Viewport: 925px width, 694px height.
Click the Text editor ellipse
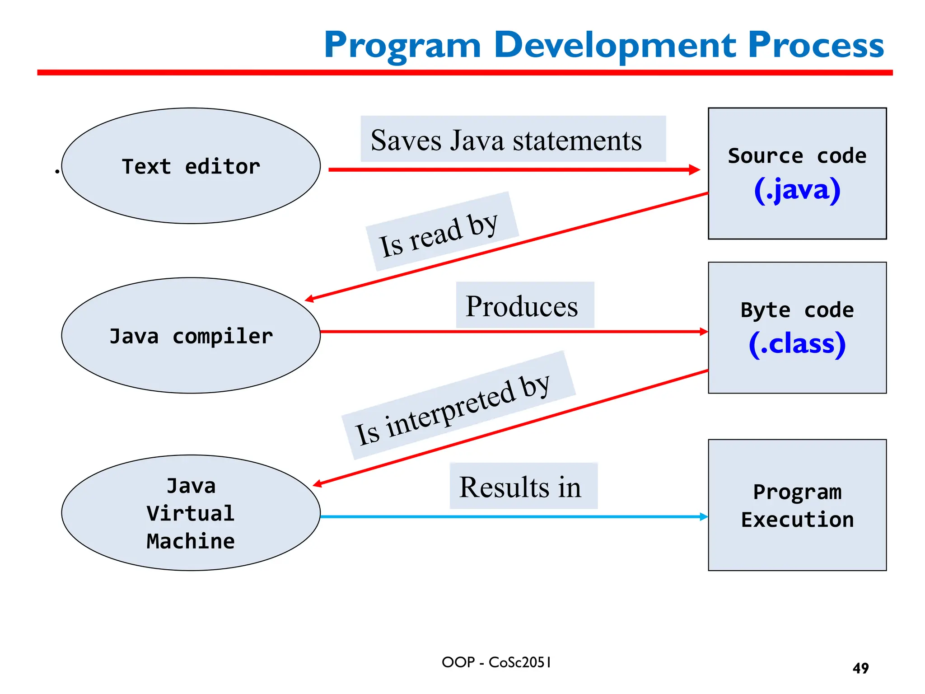(x=191, y=166)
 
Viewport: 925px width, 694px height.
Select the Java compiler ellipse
(x=191, y=336)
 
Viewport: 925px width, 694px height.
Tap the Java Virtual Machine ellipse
(x=191, y=513)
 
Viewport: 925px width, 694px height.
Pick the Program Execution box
(x=797, y=505)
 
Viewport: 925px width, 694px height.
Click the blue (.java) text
(x=797, y=190)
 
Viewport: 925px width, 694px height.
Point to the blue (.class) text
(x=797, y=344)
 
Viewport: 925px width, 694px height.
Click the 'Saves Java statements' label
(x=506, y=140)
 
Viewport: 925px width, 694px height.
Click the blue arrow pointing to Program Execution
(x=510, y=516)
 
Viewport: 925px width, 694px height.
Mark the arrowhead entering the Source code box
(x=695, y=170)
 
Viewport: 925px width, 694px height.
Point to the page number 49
(x=860, y=668)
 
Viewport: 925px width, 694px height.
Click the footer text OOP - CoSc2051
(x=496, y=662)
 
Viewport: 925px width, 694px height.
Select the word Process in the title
(x=816, y=45)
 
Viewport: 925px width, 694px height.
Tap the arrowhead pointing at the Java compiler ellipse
(x=310, y=299)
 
